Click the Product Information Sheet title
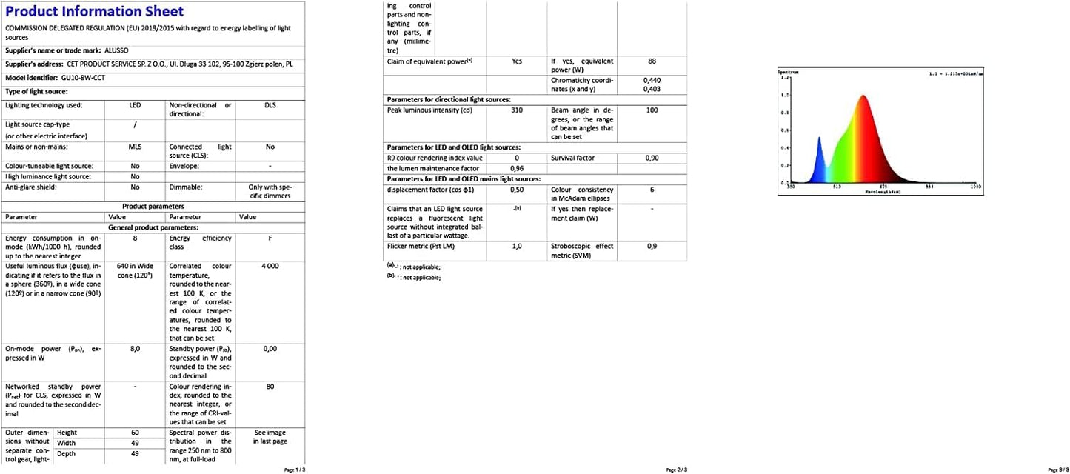tap(95, 11)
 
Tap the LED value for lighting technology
tap(135, 105)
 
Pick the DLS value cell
tap(270, 105)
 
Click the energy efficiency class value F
tap(270, 238)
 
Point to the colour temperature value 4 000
tap(270, 265)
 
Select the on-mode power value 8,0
tap(135, 348)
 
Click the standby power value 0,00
tap(270, 348)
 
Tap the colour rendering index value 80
tap(270, 386)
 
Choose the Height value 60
tap(135, 433)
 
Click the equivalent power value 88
tap(652, 61)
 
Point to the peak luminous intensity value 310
tap(517, 110)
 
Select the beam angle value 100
tap(652, 110)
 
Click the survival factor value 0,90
tap(652, 158)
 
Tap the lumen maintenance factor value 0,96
tap(517, 168)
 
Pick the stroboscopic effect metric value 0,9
tap(652, 246)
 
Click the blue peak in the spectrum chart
tap(819, 141)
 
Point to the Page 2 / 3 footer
tap(677, 470)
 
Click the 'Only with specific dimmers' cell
tap(270, 191)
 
